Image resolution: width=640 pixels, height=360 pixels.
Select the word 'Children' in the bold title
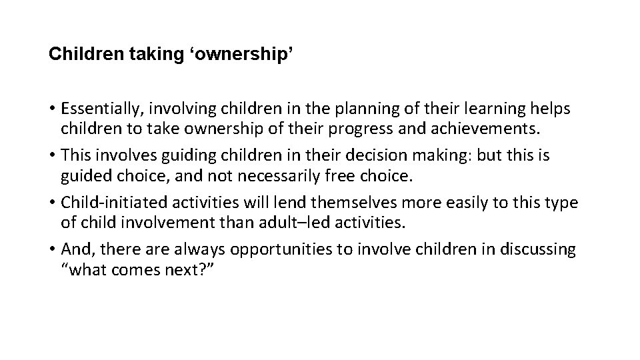(81, 54)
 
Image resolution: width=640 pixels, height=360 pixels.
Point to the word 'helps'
(550, 108)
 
